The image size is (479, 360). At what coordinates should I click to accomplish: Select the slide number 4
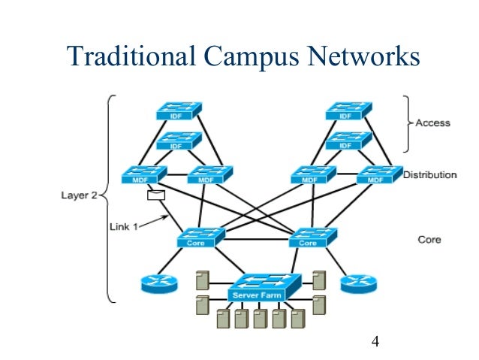[375, 343]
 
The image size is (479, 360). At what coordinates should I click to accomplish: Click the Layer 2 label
[80, 195]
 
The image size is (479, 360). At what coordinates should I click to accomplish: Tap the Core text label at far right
[429, 241]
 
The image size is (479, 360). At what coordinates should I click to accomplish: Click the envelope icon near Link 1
[156, 196]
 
